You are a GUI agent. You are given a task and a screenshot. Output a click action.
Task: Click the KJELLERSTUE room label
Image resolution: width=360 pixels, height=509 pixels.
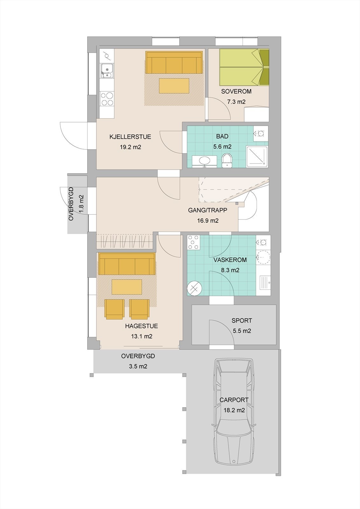130,137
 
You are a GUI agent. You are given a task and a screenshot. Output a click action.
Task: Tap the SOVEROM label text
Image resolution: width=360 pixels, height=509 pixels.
236,92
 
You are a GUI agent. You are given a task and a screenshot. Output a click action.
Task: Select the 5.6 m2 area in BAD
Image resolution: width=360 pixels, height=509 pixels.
222,147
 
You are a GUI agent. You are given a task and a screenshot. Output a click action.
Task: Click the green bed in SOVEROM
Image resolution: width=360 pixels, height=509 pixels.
244,67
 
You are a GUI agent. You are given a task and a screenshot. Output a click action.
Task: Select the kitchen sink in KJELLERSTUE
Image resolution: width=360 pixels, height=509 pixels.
106,71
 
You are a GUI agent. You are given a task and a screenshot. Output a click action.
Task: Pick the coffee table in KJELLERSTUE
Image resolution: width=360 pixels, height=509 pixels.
174,86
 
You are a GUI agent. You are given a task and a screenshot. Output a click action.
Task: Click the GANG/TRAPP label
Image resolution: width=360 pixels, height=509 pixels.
208,210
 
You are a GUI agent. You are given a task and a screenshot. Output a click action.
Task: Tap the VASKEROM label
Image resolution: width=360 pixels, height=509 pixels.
230,260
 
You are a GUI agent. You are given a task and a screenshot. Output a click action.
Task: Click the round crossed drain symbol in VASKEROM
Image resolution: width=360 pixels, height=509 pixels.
194,289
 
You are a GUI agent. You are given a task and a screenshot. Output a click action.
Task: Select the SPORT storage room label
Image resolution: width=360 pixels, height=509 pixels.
242,321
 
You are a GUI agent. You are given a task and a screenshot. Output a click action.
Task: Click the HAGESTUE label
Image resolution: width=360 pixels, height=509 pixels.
141,326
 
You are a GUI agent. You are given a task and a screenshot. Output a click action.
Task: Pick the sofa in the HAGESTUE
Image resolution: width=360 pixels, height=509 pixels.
127,264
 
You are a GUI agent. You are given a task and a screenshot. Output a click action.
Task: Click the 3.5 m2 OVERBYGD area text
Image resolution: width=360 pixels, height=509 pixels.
138,366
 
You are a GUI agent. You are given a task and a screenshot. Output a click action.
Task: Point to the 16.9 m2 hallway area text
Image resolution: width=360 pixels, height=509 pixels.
208,221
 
